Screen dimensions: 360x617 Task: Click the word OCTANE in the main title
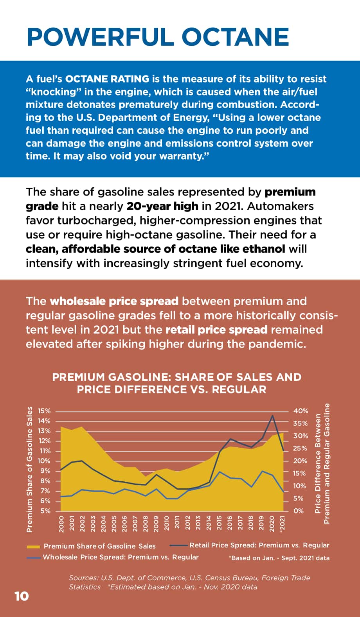(235, 37)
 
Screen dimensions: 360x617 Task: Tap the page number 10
(22, 596)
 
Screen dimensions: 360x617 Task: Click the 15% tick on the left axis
(44, 411)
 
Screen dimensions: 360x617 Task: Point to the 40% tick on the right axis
(301, 411)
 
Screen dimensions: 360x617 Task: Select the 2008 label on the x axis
(146, 523)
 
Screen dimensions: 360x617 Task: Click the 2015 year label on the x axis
(219, 523)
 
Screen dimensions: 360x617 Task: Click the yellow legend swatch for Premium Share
(33, 546)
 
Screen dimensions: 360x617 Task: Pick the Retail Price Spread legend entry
(250, 545)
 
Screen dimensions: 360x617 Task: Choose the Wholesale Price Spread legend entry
(113, 557)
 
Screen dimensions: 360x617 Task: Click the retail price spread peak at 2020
(272, 416)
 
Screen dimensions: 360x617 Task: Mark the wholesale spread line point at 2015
(219, 472)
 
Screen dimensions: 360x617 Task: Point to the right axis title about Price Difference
(322, 463)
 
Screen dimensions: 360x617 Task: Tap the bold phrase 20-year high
(162, 206)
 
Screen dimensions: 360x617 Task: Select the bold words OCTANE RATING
(107, 79)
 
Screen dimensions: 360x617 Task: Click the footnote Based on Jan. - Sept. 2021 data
(279, 558)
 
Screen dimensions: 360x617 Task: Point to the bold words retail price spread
(216, 330)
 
